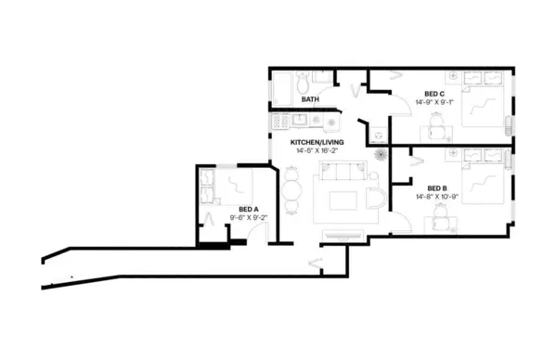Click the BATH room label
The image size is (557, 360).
(x=310, y=99)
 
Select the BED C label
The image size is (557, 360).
(x=434, y=94)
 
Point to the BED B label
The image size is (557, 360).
(x=425, y=187)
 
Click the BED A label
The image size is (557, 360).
(x=247, y=209)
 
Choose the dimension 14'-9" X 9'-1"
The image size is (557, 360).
(x=434, y=102)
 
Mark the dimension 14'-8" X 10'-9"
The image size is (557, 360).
(x=425, y=196)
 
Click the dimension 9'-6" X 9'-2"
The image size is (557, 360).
(x=247, y=217)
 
